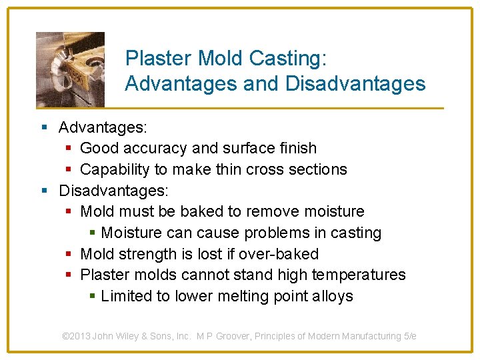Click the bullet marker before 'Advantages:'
(44, 127)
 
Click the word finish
(296, 148)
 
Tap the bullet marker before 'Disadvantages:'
(44, 191)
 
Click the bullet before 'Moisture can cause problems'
(93, 233)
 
